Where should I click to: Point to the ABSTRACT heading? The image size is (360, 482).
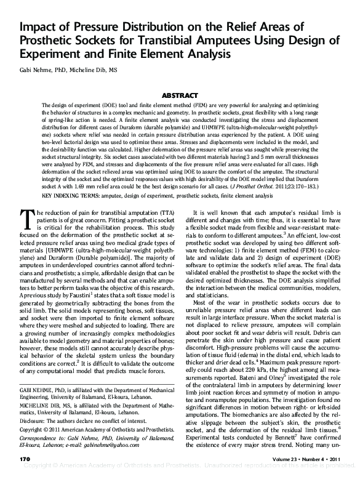tap(180, 96)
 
